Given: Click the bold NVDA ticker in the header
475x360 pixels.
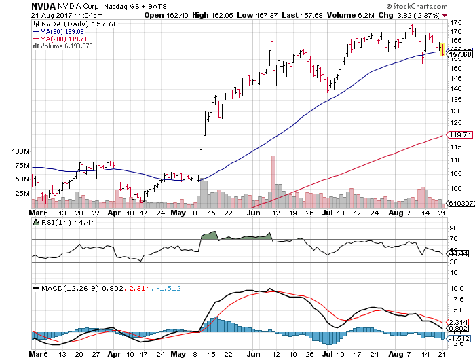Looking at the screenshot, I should [16, 6].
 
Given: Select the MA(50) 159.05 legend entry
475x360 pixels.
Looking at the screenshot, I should [62, 31].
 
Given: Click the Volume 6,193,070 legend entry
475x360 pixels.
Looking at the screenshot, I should [67, 46].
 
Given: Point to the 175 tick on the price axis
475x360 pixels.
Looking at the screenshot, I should [455, 22].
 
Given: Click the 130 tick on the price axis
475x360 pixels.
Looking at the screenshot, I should [455, 111].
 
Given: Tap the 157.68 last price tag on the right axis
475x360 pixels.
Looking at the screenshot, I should [459, 54].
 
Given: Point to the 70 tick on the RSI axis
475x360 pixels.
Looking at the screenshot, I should [453, 239].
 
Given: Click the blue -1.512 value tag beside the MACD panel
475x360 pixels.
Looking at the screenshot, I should [458, 338].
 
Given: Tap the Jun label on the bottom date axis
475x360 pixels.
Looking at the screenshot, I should [254, 354].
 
